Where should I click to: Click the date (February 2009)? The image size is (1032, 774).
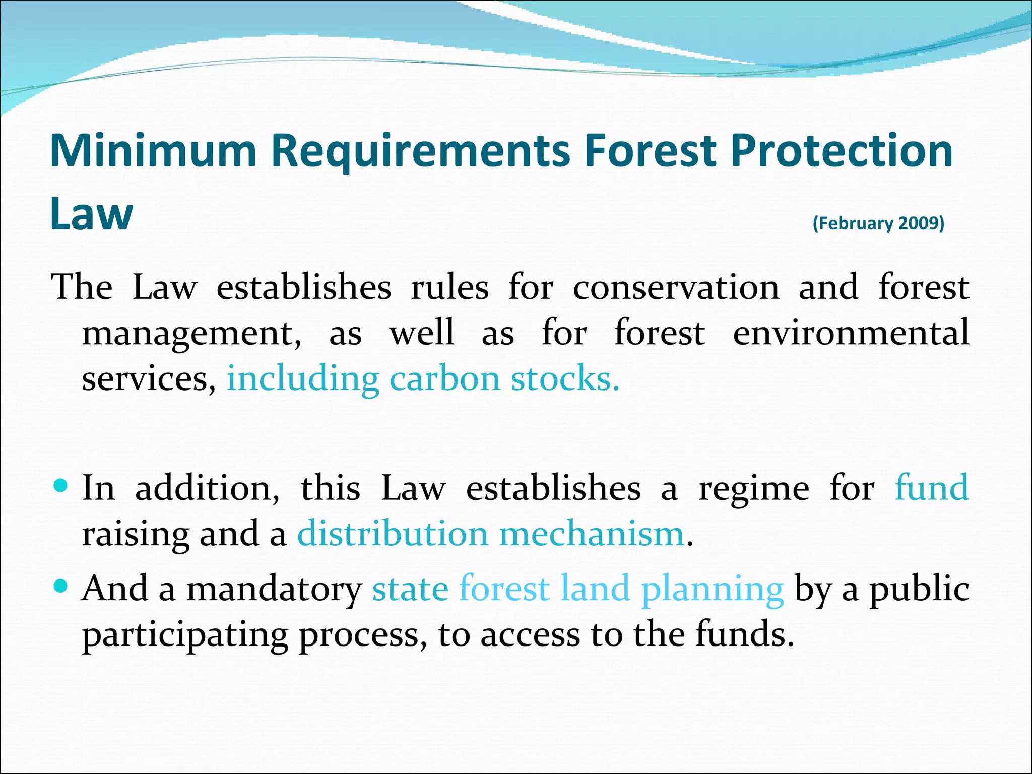[878, 223]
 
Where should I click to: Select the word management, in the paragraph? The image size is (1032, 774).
[191, 334]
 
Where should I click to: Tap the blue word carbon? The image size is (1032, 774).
[445, 378]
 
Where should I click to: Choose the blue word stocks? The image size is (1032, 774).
[565, 378]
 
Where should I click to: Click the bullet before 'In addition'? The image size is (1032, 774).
[60, 486]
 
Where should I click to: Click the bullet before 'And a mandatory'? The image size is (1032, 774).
[60, 586]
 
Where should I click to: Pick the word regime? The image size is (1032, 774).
[754, 489]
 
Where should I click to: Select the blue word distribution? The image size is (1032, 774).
[393, 534]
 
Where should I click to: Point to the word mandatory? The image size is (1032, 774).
[274, 589]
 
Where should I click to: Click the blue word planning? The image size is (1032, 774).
[712, 589]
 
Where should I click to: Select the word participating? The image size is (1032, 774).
[185, 635]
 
